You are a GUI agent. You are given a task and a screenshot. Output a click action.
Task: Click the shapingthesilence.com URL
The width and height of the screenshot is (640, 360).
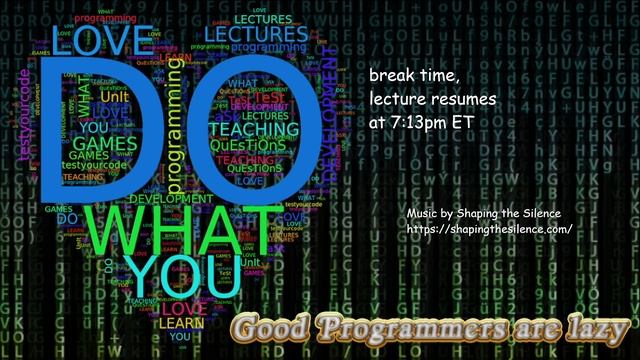pos(489,230)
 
